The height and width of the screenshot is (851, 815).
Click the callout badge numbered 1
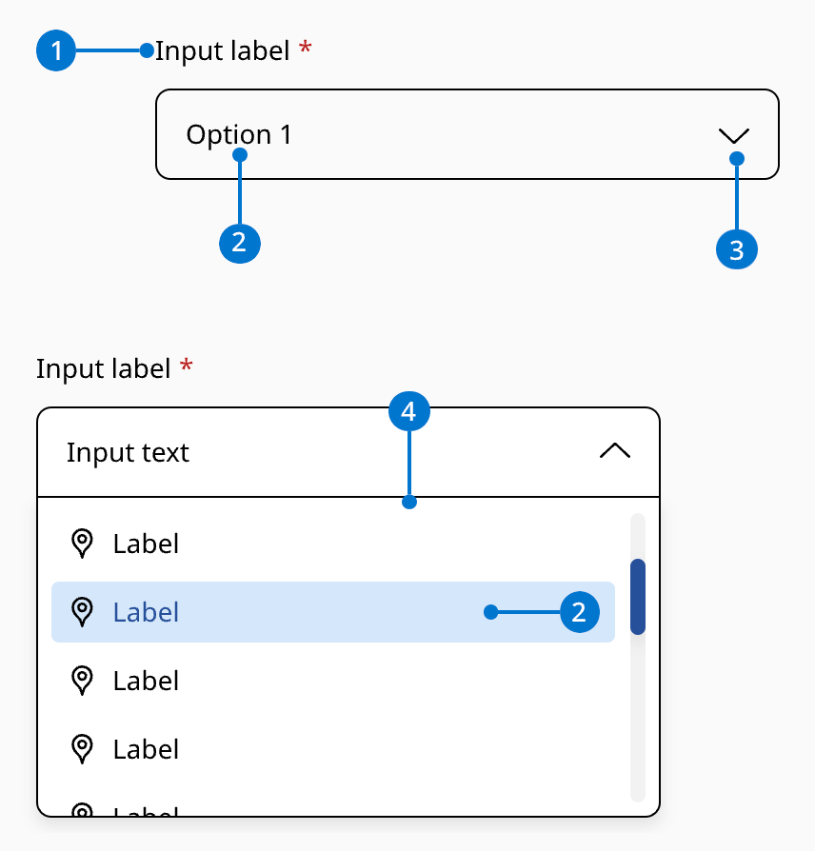56,50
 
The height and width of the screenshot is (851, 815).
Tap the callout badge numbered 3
736,249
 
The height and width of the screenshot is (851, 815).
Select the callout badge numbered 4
409,412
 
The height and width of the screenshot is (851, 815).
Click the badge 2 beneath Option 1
239,243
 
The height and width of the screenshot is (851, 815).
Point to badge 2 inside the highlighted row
579,612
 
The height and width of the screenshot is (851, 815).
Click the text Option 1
239,135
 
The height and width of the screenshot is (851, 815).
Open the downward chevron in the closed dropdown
735,135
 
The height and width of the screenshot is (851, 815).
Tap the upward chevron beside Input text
615,452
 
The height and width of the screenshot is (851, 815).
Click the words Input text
128,452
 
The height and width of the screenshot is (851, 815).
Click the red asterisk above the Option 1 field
305,49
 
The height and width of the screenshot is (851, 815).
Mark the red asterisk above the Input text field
186,366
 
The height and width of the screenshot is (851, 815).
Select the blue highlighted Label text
146,612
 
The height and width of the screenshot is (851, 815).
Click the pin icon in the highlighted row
83,611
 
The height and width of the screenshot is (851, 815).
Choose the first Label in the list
146,544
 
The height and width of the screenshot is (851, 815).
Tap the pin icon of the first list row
83,543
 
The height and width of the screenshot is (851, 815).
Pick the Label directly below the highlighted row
146,681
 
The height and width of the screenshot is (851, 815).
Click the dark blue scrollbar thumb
638,597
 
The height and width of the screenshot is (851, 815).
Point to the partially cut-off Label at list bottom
146,812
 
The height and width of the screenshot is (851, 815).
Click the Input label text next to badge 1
222,50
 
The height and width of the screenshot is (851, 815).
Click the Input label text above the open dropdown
103,367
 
